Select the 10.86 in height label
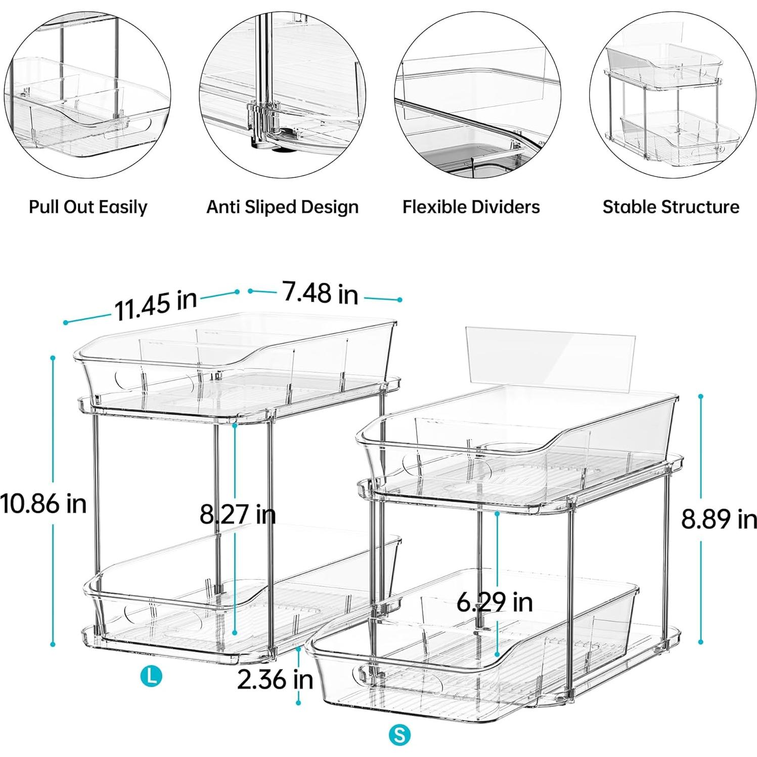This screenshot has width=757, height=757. pos(43,504)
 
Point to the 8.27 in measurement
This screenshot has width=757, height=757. pos(238,514)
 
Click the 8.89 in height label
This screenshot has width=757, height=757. pos(719,519)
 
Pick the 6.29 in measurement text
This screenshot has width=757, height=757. pos(495,602)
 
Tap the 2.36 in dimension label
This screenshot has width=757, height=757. pos(275,679)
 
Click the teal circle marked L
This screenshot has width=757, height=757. pos(151,676)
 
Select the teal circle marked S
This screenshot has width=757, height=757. pos(400,735)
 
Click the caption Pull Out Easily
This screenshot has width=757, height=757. pos(88,207)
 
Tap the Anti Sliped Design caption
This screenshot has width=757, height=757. pos(282,207)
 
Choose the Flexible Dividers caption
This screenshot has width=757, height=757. pos(471,207)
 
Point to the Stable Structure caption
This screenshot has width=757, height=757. pos(671,207)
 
